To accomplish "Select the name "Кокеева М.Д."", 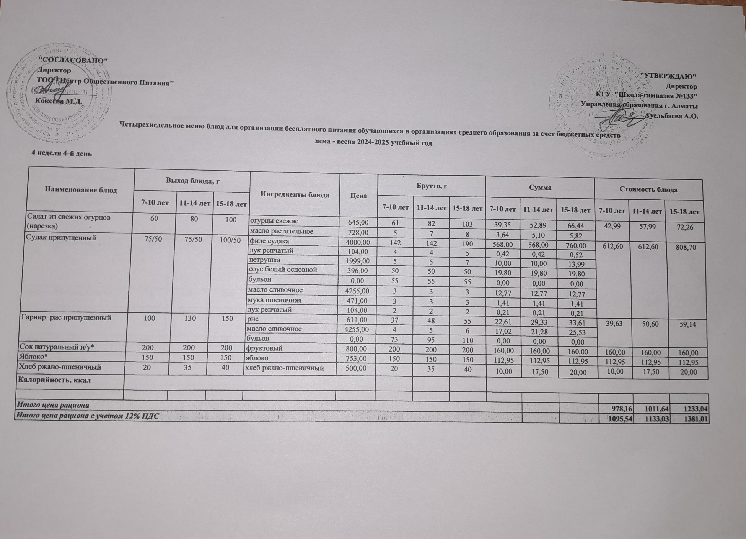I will tap(58, 101).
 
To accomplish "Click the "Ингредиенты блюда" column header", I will tap(295, 195).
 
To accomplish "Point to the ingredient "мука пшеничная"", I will tap(275, 300).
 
